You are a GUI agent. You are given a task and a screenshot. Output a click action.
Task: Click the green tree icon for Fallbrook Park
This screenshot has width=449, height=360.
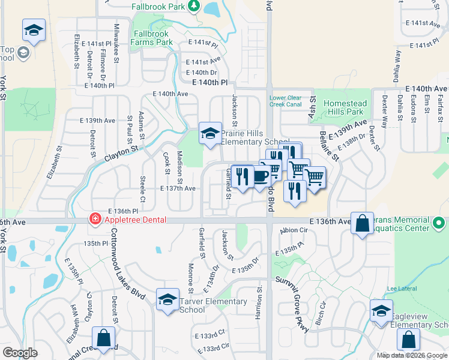point(193,6)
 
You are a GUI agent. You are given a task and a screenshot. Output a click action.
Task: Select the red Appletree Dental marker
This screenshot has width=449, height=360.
point(94,220)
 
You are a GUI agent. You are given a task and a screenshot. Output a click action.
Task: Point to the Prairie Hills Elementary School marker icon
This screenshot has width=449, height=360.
point(210,133)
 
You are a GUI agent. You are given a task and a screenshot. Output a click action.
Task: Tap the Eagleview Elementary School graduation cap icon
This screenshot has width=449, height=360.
point(381,311)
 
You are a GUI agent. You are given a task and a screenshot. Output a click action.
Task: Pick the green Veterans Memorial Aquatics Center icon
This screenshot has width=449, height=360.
point(439,224)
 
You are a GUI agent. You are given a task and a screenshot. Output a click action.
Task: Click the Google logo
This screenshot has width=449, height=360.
point(20,353)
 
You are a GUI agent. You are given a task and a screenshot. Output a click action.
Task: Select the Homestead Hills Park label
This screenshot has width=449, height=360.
point(344,107)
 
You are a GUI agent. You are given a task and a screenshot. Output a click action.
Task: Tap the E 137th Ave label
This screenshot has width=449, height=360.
point(178,188)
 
